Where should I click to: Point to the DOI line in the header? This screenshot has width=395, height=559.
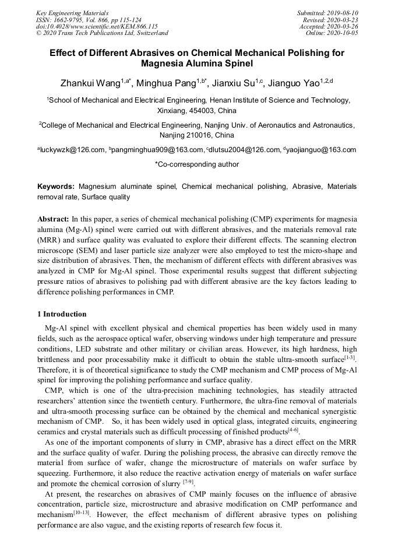[97, 26]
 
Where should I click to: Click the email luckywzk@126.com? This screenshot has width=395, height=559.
[73, 150]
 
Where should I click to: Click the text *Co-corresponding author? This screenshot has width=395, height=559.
[197, 164]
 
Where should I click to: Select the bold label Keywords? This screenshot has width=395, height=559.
[56, 187]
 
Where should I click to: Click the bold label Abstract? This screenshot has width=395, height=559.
[53, 219]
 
